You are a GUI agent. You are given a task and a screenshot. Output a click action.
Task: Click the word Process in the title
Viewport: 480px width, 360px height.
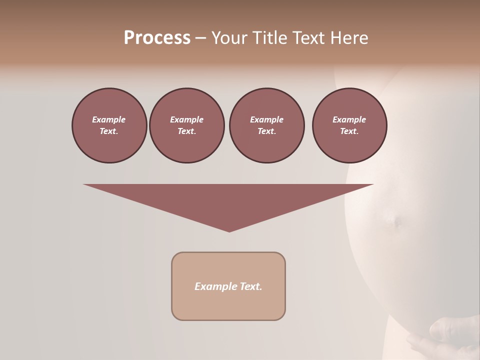(157, 38)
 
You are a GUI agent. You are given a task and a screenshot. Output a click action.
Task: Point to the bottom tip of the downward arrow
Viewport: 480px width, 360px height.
(229, 231)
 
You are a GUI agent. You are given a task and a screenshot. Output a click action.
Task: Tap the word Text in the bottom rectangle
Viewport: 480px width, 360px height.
(250, 286)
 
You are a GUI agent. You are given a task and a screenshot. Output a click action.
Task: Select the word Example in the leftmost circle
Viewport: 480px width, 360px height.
(109, 119)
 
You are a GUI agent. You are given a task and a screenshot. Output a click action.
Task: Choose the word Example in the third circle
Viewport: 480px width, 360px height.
(267, 119)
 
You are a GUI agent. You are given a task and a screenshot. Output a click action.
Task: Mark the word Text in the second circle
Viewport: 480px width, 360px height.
(186, 131)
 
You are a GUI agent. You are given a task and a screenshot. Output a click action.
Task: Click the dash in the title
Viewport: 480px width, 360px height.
(201, 38)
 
